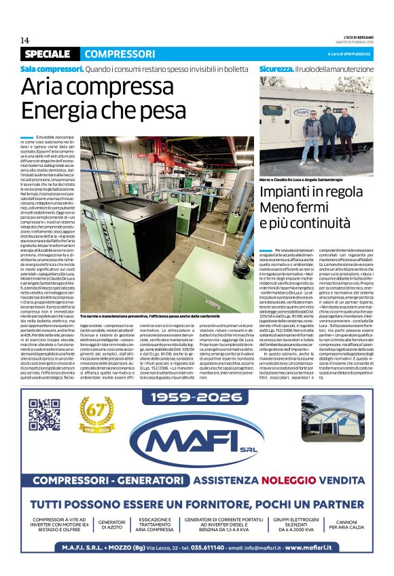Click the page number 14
pyautogui.click(x=24, y=40)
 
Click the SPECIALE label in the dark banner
pyautogui.click(x=47, y=54)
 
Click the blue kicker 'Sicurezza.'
pyautogui.click(x=276, y=69)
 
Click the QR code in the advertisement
pyautogui.click(x=44, y=415)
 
